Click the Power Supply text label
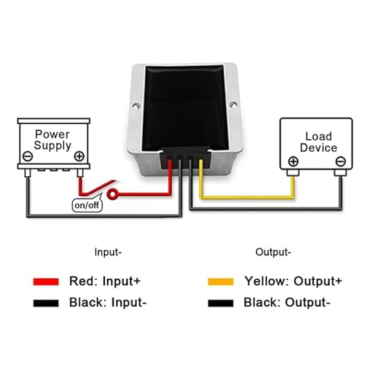point(52,140)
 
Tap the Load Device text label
point(318,142)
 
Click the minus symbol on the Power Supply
point(27,156)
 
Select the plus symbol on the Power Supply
point(79,156)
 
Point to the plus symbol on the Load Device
point(293,161)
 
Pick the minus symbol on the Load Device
point(340,161)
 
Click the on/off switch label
point(87,204)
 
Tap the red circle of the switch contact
point(112,194)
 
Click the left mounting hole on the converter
point(136,106)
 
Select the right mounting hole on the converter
point(233,104)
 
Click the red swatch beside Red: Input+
point(46,282)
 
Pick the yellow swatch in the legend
point(220,282)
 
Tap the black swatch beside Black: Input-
point(46,303)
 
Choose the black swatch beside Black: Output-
point(220,303)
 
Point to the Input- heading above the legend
point(108,252)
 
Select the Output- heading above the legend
point(273,252)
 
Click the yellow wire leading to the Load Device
point(247,197)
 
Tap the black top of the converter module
point(185,107)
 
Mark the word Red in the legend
point(83,281)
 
